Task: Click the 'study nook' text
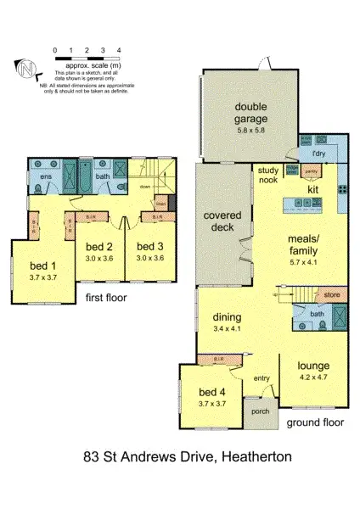(268, 174)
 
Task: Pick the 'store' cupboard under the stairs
(332, 295)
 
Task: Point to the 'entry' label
(260, 378)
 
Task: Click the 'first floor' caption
(107, 298)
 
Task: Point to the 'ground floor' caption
(315, 422)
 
